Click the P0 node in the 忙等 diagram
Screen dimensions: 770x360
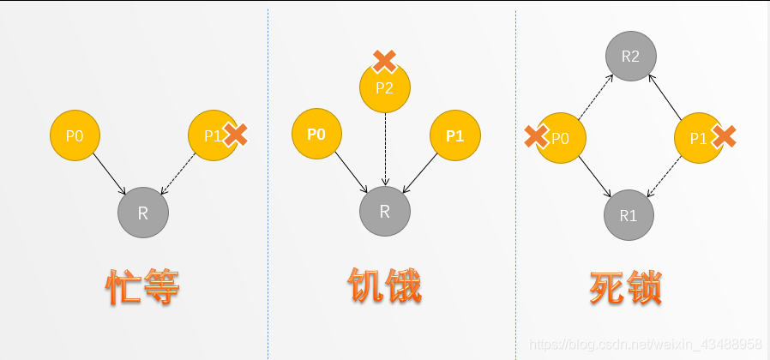pyautogui.click(x=75, y=135)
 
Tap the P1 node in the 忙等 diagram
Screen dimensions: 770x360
pyautogui.click(x=212, y=135)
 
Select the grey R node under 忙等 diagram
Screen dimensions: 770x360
pyautogui.click(x=143, y=212)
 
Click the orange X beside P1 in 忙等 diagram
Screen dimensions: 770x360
pyautogui.click(x=235, y=135)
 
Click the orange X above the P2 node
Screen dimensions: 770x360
pyautogui.click(x=384, y=61)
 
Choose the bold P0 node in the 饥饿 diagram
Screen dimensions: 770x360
pyautogui.click(x=316, y=135)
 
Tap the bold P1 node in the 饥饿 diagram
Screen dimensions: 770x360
pyautogui.click(x=454, y=135)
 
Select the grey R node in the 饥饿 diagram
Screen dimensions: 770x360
pyautogui.click(x=385, y=210)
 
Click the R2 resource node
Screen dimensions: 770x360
pyautogui.click(x=630, y=57)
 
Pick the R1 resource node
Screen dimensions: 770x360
pyautogui.click(x=629, y=215)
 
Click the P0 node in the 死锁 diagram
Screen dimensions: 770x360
pyautogui.click(x=560, y=137)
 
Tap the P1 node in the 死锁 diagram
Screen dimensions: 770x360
pyautogui.click(x=699, y=137)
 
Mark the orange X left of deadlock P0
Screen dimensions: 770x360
pyautogui.click(x=537, y=135)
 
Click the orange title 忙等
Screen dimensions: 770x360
pyautogui.click(x=143, y=288)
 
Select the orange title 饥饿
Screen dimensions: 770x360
pyautogui.click(x=384, y=286)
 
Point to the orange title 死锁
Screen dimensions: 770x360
pyautogui.click(x=626, y=288)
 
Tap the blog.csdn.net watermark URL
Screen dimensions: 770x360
pyautogui.click(x=646, y=344)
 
